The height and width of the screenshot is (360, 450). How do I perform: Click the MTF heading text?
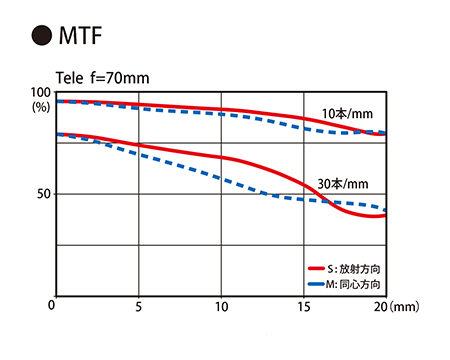coord(80,35)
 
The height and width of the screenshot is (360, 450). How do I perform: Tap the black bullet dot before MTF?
coord(42,35)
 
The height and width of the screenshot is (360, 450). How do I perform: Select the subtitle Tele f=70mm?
coord(102,78)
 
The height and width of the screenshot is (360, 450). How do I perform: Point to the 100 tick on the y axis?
coord(40,92)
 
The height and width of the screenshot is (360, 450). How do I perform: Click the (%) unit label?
coord(41,107)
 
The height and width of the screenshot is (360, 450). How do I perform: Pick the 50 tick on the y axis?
coord(43,194)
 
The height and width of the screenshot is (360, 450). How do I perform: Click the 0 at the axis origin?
coord(51,305)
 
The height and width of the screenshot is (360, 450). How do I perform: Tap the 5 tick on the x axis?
coord(138,306)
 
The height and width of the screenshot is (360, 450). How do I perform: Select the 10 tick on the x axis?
coord(221,306)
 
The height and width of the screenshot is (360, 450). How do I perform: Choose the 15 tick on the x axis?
coord(304,306)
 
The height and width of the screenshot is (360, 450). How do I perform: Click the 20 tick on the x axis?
coord(380,306)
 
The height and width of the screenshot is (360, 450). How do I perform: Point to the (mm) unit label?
coord(404,306)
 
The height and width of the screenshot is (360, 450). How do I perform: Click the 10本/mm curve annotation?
coord(347,114)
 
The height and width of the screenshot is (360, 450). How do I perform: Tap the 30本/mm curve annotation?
coord(343,184)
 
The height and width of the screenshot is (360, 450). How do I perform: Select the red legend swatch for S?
coord(316,268)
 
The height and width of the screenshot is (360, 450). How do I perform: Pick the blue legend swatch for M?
coord(316,284)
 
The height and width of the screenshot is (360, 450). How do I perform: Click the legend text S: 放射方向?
coord(354,269)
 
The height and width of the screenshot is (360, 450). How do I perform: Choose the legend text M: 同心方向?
coord(353,284)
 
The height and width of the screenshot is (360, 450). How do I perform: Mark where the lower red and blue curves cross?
coord(327,202)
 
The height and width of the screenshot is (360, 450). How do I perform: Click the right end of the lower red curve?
coord(386,215)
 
